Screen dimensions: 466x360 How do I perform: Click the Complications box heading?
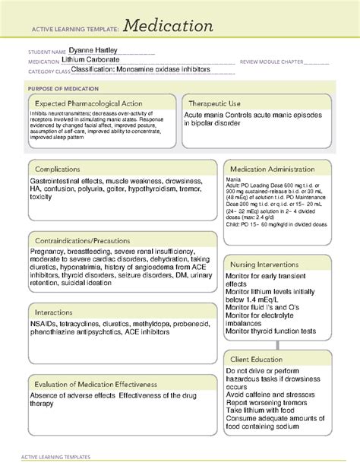pos(62,169)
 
